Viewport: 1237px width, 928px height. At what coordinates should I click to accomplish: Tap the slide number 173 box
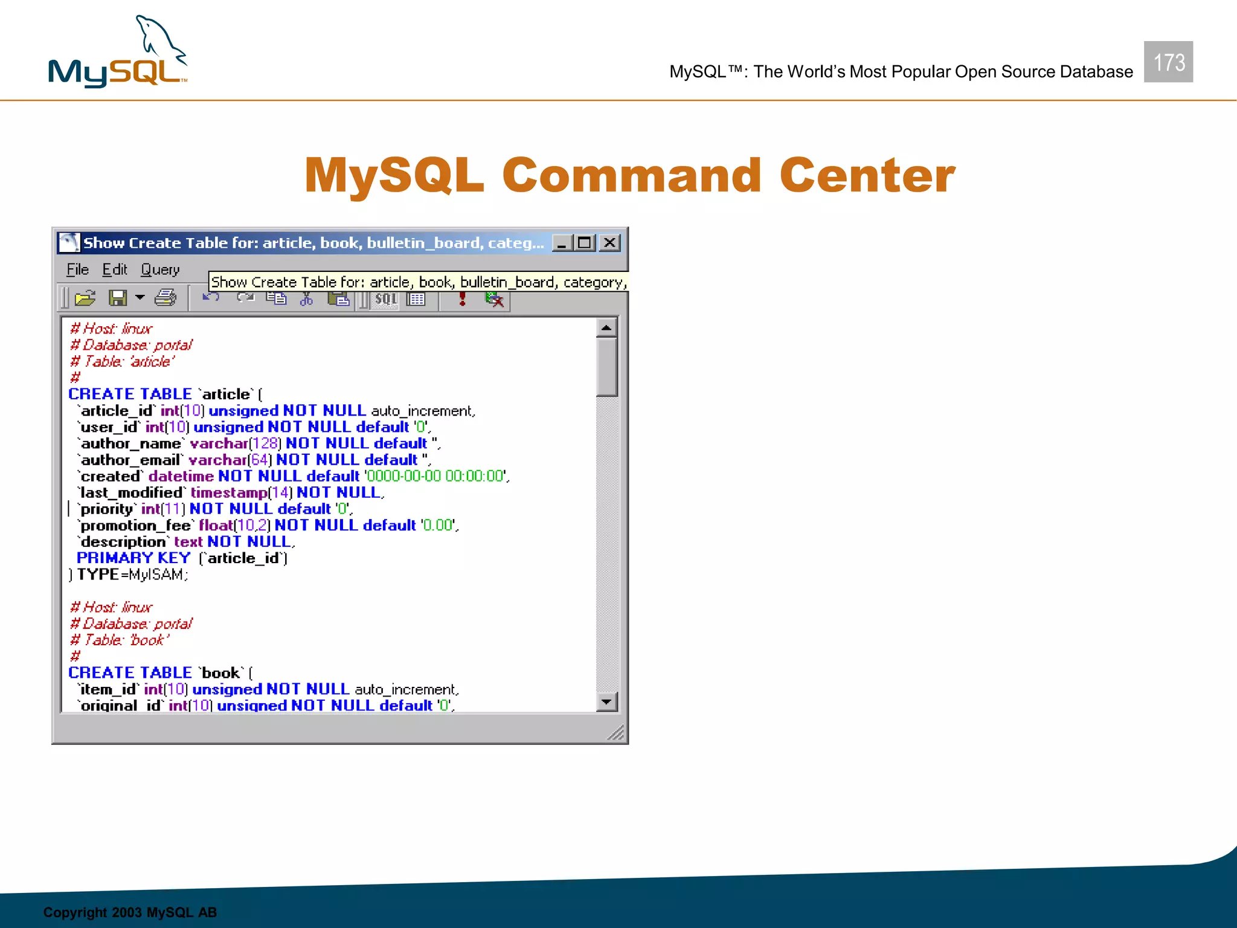tap(1168, 62)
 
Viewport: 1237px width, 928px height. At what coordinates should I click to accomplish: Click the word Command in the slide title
tap(631, 175)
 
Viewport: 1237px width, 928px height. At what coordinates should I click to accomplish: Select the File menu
tap(77, 269)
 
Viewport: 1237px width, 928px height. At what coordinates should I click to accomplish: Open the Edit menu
tap(114, 269)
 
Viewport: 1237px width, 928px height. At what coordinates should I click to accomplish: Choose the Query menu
tap(160, 269)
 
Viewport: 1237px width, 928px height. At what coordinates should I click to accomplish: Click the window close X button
tap(610, 243)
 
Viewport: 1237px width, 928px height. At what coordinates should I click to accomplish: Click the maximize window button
tap(584, 243)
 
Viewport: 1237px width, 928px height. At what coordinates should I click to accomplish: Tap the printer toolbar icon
tap(165, 298)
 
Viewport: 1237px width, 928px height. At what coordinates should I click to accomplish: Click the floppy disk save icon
tap(117, 298)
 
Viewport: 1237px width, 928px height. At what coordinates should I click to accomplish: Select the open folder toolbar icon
tap(85, 298)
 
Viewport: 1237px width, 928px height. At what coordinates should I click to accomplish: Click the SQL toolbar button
tap(385, 299)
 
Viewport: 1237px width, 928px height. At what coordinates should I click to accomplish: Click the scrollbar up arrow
tap(606, 327)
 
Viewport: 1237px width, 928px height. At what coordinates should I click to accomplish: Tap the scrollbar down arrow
tap(606, 701)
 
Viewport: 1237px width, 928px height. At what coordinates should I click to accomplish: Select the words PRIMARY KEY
tap(133, 558)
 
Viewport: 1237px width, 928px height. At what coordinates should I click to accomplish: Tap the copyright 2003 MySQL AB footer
tap(130, 912)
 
